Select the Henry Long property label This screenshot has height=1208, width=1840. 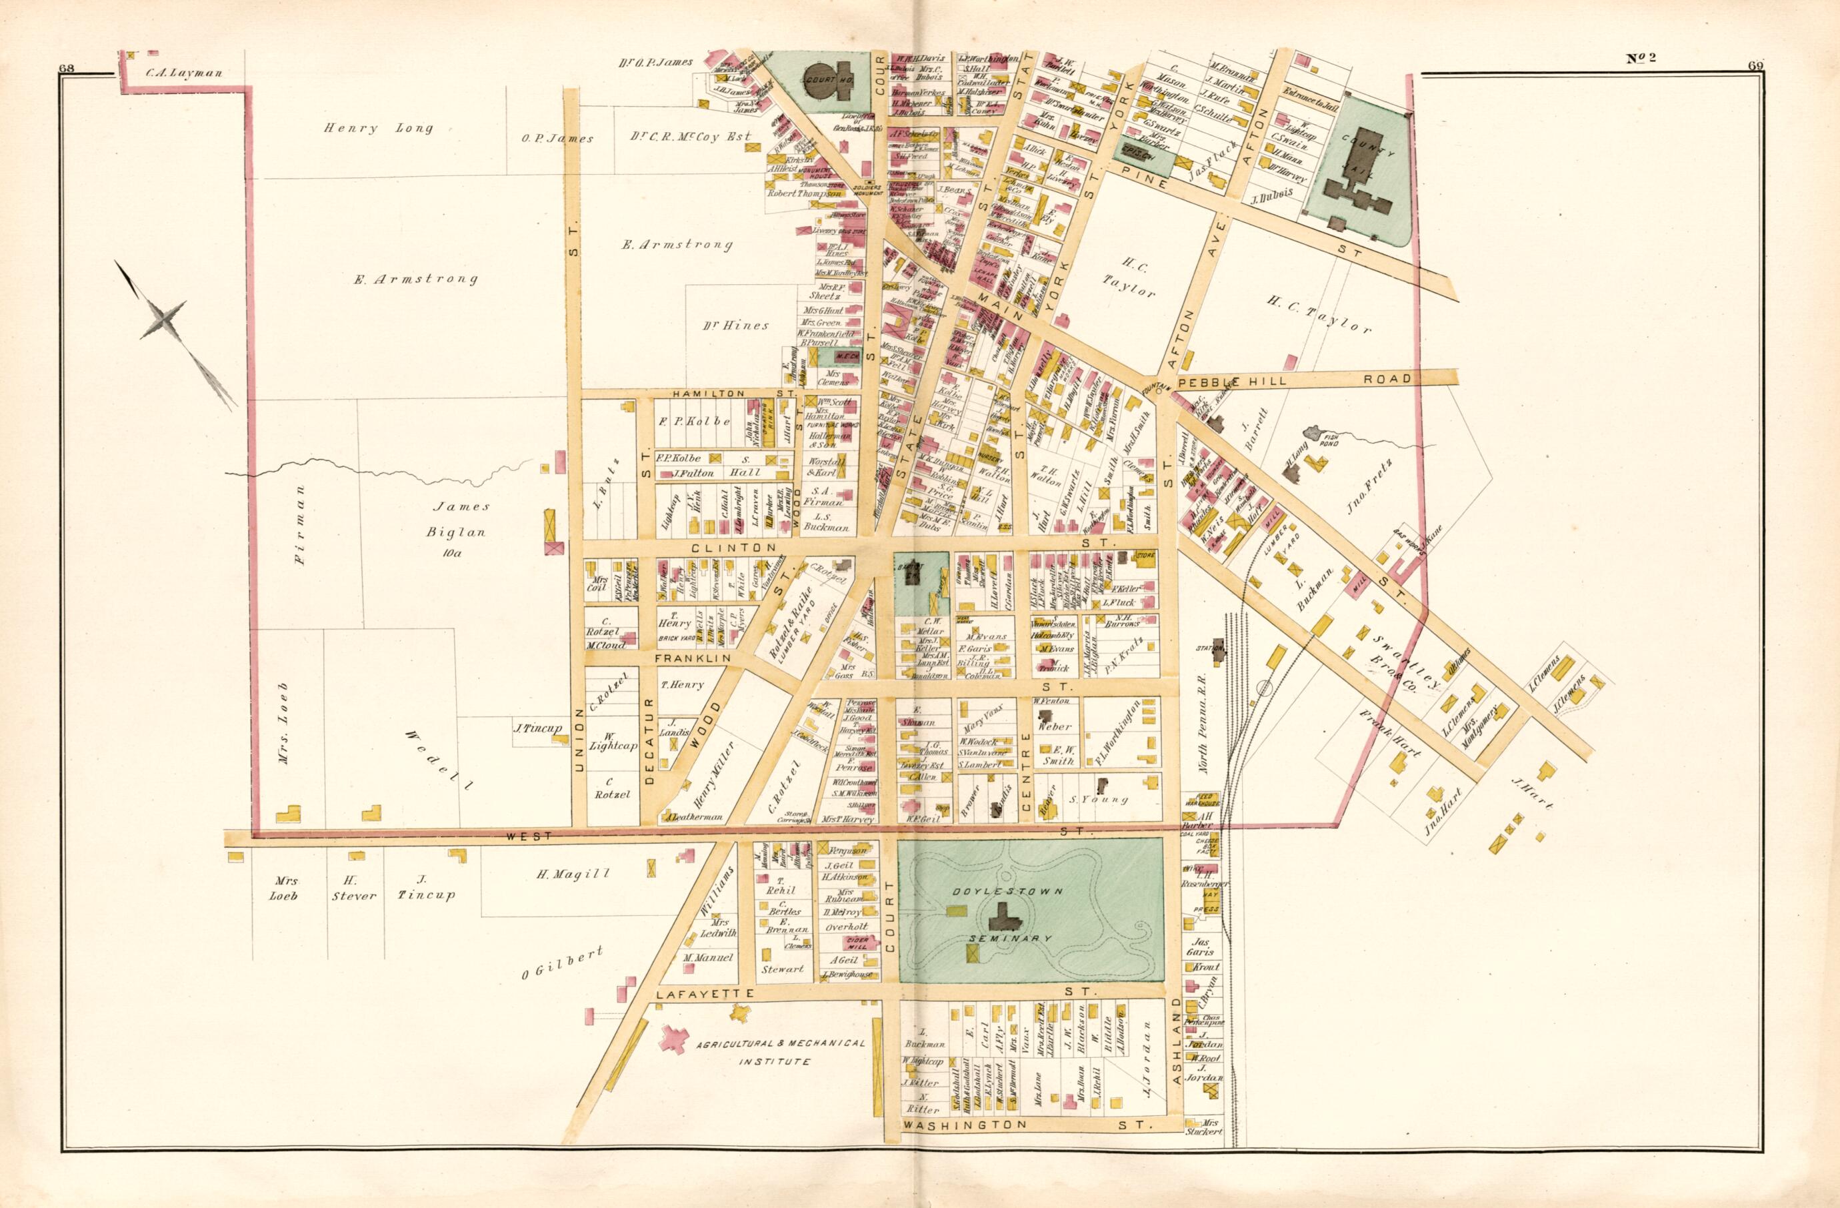coord(378,128)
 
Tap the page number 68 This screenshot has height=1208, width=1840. coord(67,68)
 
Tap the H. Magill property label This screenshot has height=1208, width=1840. coord(573,874)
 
